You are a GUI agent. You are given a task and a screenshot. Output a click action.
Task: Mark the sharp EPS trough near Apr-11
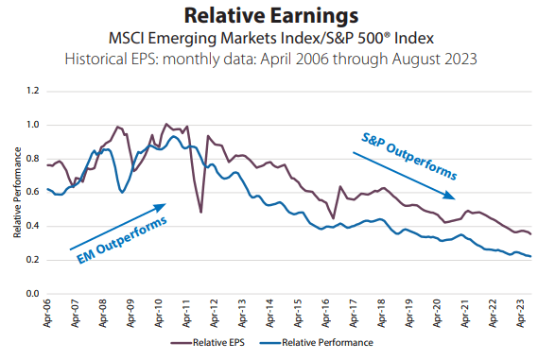tap(201, 212)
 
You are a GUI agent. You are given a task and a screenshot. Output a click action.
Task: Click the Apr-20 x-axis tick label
tap(434, 313)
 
